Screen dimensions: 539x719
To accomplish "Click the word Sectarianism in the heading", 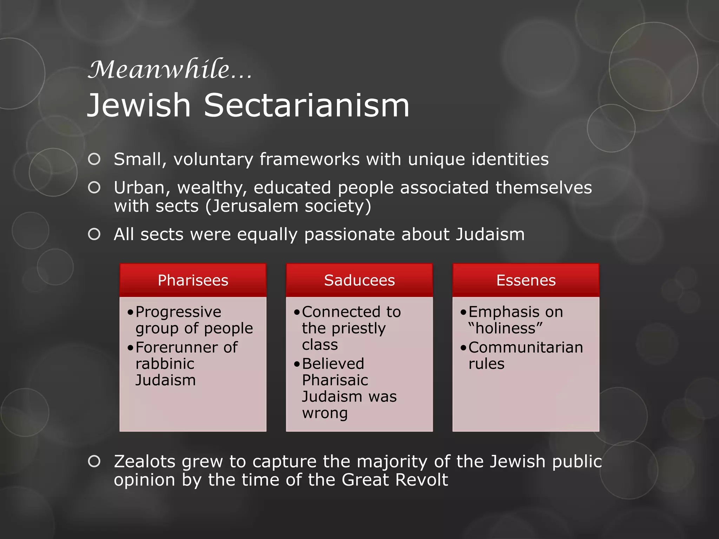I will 306,105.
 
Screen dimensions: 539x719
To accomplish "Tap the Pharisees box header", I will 193,280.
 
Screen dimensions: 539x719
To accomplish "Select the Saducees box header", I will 359,280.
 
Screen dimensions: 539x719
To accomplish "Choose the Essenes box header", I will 526,280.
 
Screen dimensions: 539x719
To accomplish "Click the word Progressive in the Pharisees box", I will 178,312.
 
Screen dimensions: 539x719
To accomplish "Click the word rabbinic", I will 165,364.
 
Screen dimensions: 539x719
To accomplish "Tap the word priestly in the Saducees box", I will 358,328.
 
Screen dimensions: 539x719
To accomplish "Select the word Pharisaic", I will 335,380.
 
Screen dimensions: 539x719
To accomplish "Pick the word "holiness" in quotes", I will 506,328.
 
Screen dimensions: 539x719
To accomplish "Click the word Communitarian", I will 526,347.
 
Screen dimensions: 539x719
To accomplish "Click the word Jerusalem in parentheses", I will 254,206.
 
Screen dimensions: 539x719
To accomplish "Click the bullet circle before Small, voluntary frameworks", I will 94,159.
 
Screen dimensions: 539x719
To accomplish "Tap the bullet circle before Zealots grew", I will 94,461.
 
